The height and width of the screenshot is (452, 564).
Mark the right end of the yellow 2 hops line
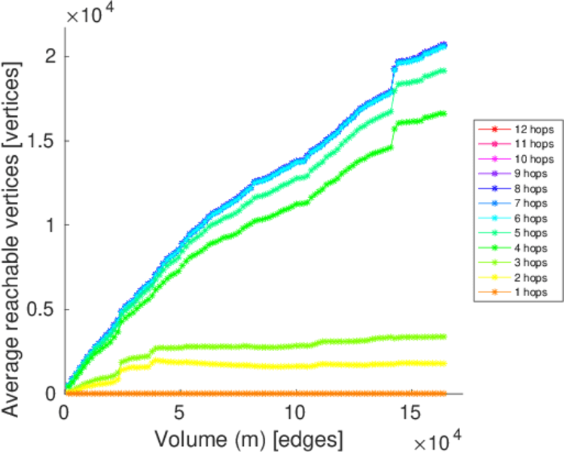444,363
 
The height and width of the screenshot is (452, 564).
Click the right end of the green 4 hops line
444,114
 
